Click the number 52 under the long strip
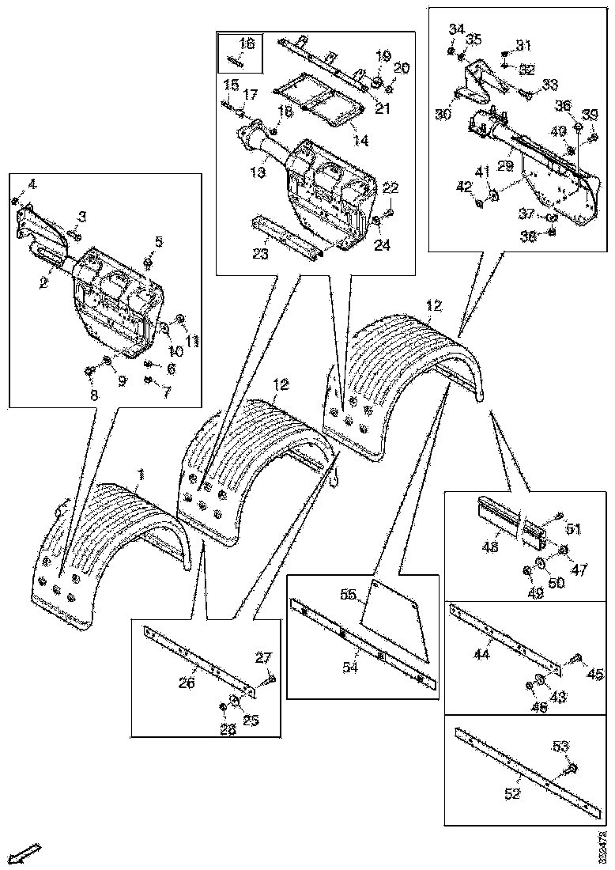coord(513,793)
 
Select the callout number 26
coord(187,683)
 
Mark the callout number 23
coord(261,254)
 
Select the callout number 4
coord(31,184)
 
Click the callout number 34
coord(456,29)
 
